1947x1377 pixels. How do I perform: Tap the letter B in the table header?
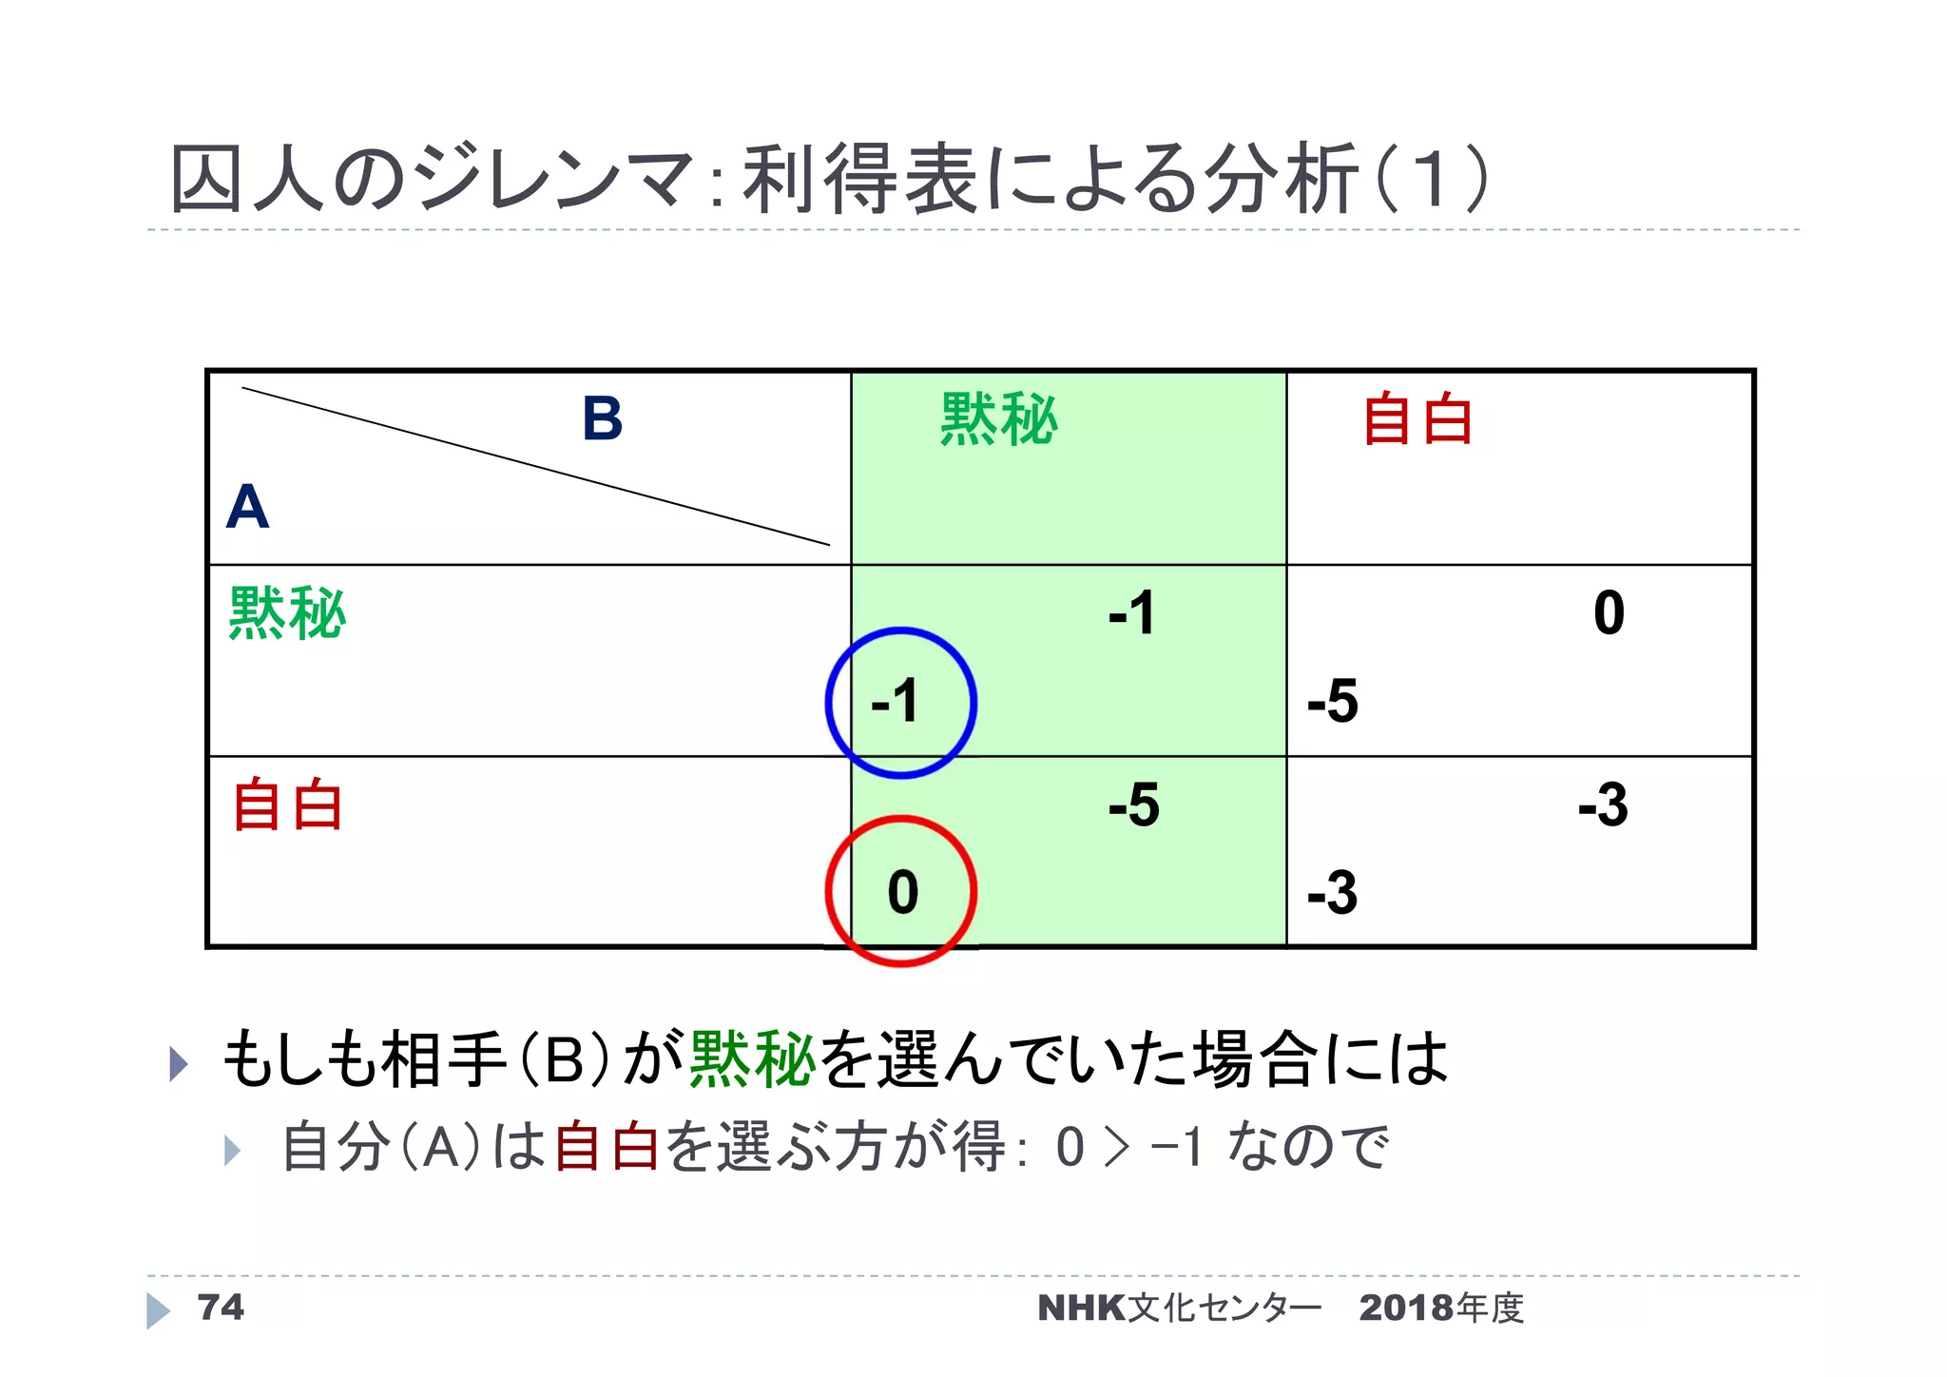602,418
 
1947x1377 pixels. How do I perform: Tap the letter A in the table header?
247,507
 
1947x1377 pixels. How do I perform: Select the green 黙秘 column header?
998,419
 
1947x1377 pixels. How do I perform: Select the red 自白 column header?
1417,419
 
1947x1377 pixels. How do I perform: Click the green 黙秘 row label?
287,613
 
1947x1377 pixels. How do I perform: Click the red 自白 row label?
287,805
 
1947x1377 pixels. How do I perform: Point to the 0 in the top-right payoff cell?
1609,612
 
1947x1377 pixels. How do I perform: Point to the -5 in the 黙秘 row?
1332,702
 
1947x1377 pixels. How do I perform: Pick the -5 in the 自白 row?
1133,805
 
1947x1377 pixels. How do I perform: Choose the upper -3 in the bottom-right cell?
1603,805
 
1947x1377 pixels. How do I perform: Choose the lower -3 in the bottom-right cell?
1332,893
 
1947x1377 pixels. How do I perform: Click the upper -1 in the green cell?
1131,612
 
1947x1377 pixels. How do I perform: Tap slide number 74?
220,1308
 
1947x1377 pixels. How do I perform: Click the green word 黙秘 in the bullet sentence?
752,1058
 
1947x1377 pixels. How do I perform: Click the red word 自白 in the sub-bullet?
607,1146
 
